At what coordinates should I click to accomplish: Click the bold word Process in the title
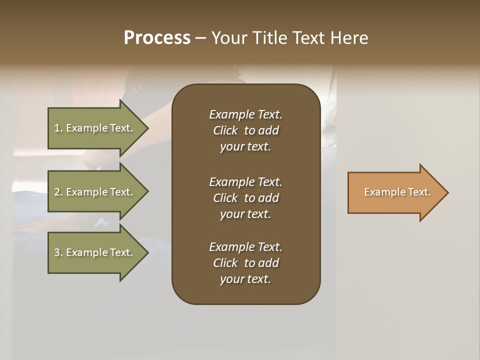point(157,38)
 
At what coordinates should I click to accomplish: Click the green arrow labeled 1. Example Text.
point(95,128)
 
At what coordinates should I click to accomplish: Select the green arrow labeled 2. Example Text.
point(95,192)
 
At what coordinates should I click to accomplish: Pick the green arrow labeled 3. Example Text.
point(95,252)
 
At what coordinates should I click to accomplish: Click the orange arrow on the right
point(395,192)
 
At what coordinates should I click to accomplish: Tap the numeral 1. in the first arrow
point(58,128)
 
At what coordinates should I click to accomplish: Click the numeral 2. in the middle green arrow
point(58,192)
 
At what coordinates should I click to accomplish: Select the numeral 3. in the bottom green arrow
point(58,252)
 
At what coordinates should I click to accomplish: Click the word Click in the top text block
point(225,130)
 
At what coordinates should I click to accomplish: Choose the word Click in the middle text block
point(225,198)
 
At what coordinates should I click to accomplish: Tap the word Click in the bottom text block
point(225,263)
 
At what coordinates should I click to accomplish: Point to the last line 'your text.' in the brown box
point(245,279)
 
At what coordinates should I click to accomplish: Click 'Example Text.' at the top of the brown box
point(245,114)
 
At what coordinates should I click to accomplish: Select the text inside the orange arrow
point(397,192)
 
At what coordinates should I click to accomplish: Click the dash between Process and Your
point(200,38)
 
